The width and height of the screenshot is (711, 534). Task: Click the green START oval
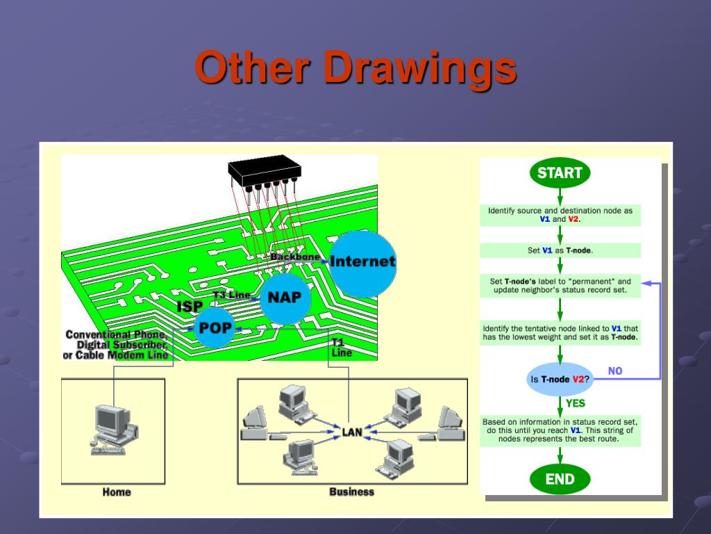coord(560,172)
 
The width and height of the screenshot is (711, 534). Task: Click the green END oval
coord(560,479)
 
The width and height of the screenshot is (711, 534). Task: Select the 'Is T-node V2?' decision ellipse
coord(560,379)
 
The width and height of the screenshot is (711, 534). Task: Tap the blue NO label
coord(615,371)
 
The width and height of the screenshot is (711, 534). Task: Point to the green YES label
coord(576,403)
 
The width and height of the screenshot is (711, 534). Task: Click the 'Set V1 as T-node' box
coord(560,250)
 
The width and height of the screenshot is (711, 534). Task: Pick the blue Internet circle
coord(362,264)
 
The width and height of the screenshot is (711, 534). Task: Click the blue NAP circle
coord(285,298)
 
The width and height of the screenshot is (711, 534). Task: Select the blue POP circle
coord(215,327)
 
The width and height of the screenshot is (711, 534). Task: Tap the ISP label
coord(190,307)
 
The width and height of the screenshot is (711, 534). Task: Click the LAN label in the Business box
coord(352,432)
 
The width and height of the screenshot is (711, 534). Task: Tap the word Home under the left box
coord(117,492)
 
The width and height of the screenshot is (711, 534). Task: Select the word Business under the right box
coord(352,492)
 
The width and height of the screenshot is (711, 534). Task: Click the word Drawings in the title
coord(420,68)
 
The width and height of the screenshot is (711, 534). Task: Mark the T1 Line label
coord(342,348)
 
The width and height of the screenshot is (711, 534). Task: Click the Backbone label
coord(294,257)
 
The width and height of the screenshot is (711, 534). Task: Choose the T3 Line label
coord(232,295)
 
